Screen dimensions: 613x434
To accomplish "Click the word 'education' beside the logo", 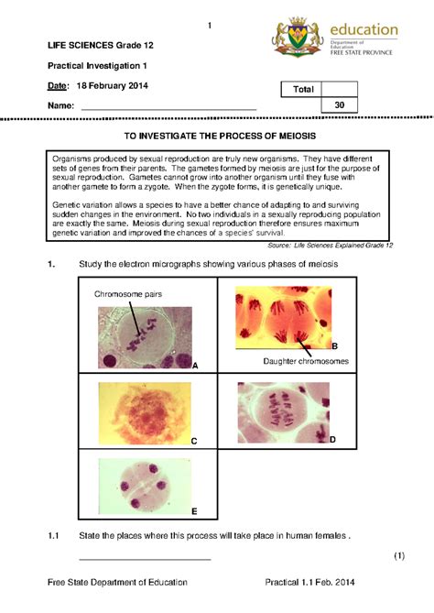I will pos(364,29).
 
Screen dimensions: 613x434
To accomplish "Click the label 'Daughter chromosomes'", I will pos(306,362).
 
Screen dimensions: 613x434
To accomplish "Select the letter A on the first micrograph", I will pos(195,365).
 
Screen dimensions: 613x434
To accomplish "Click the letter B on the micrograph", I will pos(335,345).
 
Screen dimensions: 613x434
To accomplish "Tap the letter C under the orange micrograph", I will pos(194,441).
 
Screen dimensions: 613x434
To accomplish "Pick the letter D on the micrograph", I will pos(332,440).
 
